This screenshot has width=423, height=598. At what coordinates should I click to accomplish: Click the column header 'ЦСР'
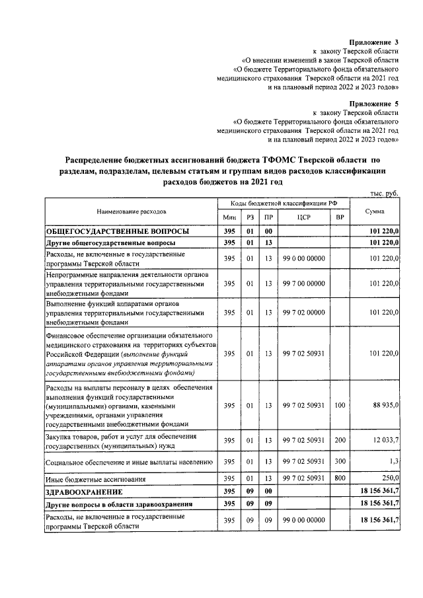tap(304, 217)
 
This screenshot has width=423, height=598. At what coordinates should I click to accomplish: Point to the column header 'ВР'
tap(340, 217)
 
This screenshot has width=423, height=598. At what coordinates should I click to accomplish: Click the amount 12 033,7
tap(385, 441)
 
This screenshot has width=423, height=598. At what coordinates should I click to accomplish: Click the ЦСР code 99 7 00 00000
tap(304, 283)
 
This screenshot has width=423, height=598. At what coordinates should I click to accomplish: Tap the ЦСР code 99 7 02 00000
tap(304, 313)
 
